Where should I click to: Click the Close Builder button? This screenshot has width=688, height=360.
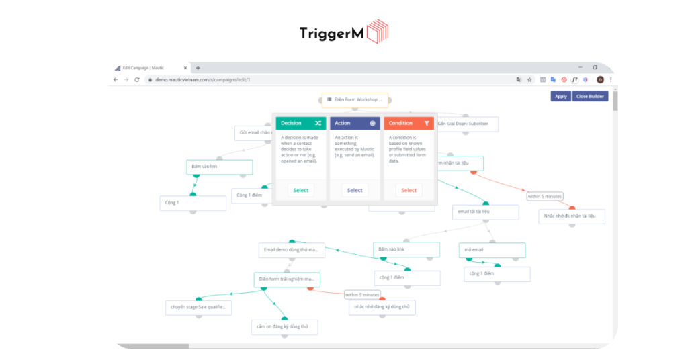591,96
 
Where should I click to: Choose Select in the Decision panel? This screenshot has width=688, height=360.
301,190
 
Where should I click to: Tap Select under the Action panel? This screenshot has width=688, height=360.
355,190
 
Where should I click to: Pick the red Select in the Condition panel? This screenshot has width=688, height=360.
408,190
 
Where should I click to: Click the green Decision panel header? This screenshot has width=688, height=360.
300,124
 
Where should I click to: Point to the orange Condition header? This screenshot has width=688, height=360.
408,124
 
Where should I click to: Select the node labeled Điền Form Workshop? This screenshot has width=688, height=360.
355,100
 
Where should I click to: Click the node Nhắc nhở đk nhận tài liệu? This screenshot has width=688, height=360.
572,216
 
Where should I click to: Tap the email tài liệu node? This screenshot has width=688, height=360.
485,212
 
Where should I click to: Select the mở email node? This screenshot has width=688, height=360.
492,250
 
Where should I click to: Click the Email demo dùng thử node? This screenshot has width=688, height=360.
292,250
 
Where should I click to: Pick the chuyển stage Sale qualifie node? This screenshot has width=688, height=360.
199,308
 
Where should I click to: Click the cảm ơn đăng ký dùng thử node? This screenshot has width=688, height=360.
284,327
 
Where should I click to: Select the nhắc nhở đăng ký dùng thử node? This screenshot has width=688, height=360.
382,307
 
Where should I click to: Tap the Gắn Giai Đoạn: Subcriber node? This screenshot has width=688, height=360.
466,124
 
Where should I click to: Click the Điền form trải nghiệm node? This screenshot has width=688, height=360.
287,279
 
